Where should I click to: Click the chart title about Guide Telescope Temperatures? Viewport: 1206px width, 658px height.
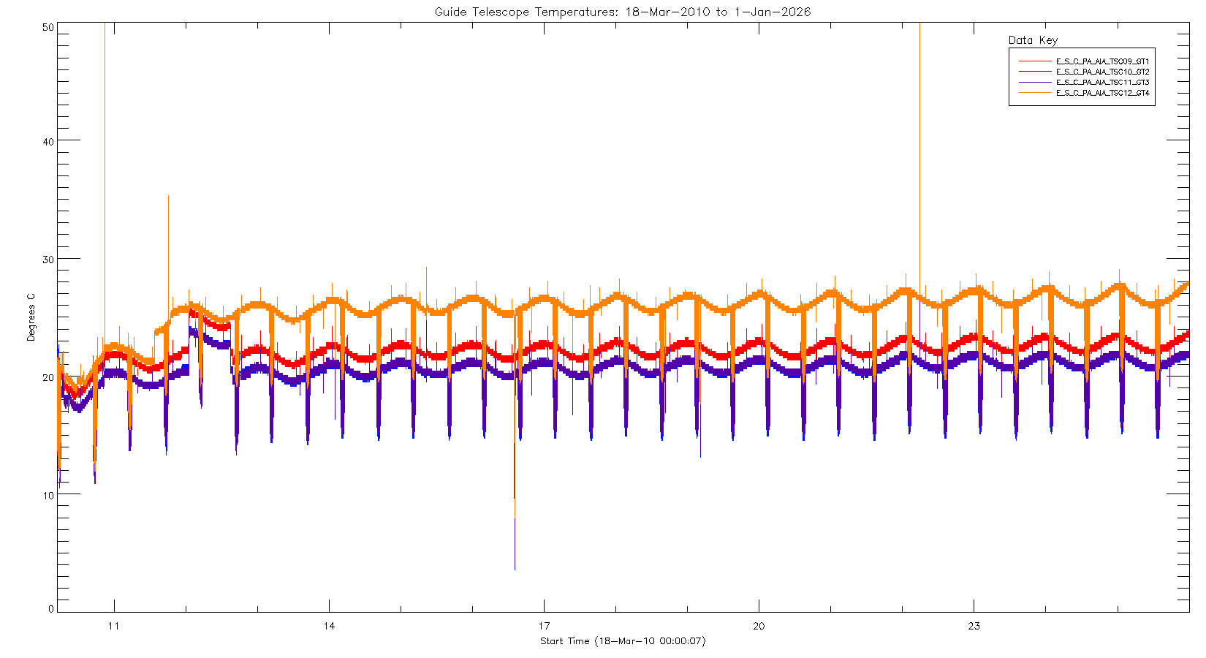click(x=622, y=12)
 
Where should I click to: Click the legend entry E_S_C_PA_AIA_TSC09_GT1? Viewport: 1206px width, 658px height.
click(x=1102, y=61)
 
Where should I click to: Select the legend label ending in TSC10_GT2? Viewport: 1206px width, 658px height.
click(x=1102, y=72)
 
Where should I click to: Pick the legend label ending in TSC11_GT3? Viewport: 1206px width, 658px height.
click(x=1102, y=83)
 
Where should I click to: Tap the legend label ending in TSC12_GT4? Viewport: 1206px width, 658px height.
click(x=1102, y=93)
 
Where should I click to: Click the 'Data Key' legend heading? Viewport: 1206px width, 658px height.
click(x=1033, y=40)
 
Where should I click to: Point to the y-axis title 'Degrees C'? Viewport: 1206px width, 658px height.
click(x=31, y=317)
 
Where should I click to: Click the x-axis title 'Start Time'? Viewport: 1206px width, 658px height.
click(x=623, y=641)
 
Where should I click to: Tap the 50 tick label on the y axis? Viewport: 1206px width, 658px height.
click(x=48, y=27)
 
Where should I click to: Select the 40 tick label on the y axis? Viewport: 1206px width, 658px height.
click(x=48, y=142)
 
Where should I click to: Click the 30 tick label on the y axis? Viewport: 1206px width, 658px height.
click(x=48, y=260)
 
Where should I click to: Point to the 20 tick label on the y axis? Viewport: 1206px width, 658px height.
click(x=48, y=377)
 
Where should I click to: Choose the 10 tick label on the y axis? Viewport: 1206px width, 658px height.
click(x=48, y=495)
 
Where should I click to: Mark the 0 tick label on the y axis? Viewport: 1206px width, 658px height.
click(x=51, y=609)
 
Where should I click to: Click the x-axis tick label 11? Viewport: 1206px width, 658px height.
click(x=114, y=626)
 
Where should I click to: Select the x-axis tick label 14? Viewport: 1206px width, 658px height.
click(x=329, y=626)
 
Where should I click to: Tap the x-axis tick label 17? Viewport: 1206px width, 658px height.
click(x=544, y=626)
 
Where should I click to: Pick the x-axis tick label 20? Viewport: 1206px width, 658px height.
click(x=759, y=626)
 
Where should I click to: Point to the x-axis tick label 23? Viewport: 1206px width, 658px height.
click(x=974, y=626)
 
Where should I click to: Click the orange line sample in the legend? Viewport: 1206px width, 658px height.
click(x=1034, y=93)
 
